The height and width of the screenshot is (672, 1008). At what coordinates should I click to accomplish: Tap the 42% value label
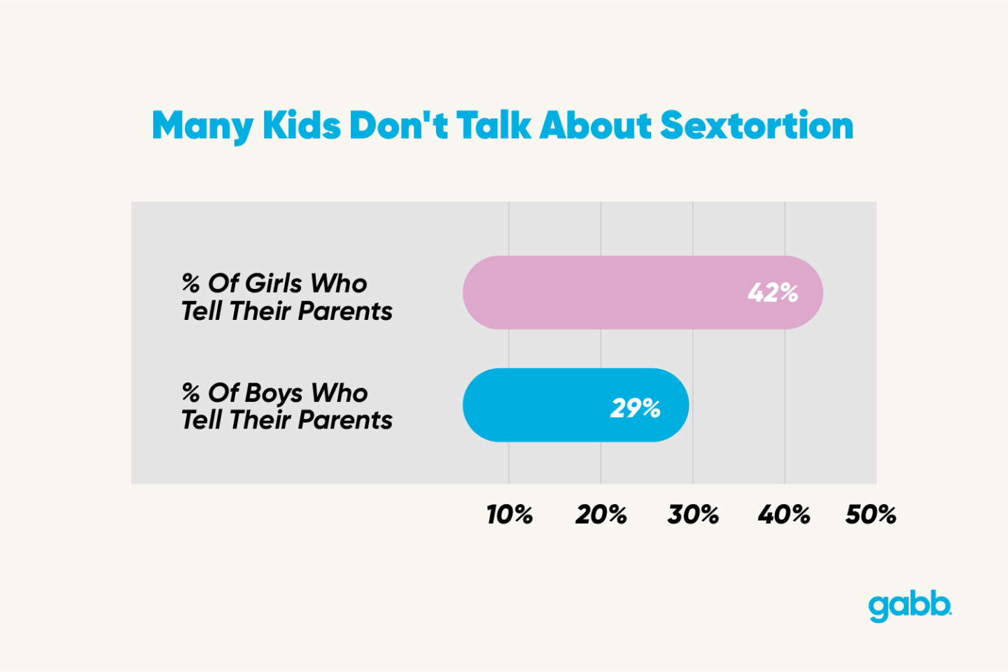[x=773, y=293]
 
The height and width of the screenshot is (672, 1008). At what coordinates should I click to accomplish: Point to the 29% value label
[x=635, y=408]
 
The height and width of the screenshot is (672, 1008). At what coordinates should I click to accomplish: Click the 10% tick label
[x=509, y=515]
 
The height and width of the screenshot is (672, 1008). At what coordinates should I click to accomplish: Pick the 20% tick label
[x=601, y=515]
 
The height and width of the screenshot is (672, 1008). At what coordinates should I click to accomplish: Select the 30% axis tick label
[x=692, y=515]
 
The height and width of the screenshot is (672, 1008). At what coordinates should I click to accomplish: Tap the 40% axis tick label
[x=783, y=515]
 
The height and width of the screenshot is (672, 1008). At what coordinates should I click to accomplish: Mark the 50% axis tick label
[x=870, y=515]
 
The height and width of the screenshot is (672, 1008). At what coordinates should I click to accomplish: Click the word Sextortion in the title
[x=757, y=126]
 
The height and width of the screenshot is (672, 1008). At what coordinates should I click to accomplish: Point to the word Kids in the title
[x=302, y=126]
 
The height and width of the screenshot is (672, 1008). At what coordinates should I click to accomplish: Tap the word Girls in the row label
[x=274, y=283]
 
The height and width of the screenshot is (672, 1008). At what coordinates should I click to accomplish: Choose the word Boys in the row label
[x=274, y=393]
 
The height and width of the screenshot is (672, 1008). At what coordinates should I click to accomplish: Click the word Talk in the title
[x=494, y=126]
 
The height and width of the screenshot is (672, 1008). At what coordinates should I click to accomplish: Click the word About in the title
[x=596, y=126]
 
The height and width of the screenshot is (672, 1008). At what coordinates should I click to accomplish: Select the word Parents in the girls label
[x=345, y=311]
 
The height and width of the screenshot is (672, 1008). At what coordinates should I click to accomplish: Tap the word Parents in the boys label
[x=345, y=420]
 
